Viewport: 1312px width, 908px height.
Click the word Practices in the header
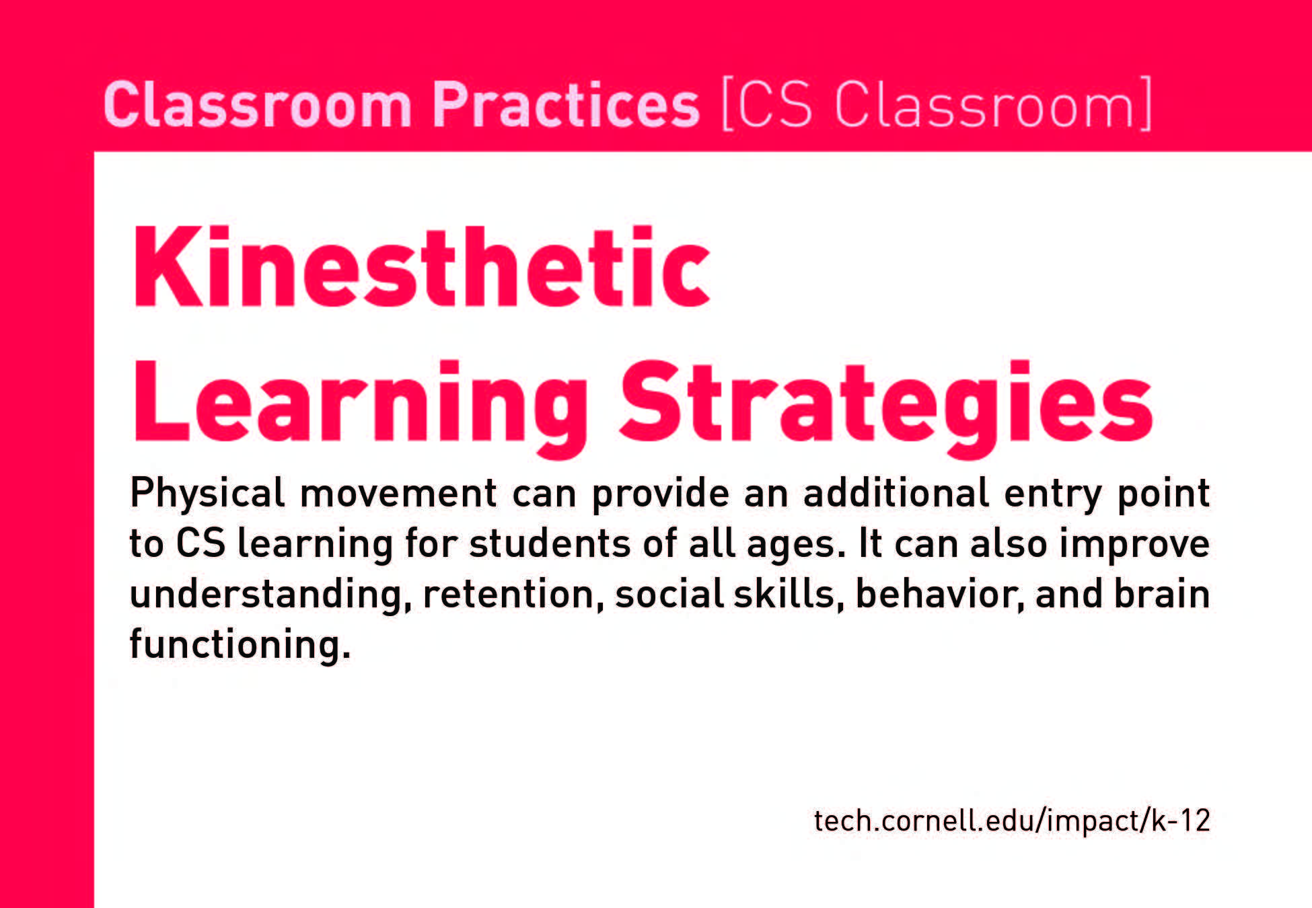coord(566,104)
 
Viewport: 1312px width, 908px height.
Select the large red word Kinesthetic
coord(422,267)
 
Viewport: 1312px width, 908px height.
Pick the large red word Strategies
coord(886,408)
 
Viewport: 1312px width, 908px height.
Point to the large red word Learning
coord(361,408)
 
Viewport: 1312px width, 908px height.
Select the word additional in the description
coord(895,492)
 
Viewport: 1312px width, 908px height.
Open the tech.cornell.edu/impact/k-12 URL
coord(1012,821)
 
